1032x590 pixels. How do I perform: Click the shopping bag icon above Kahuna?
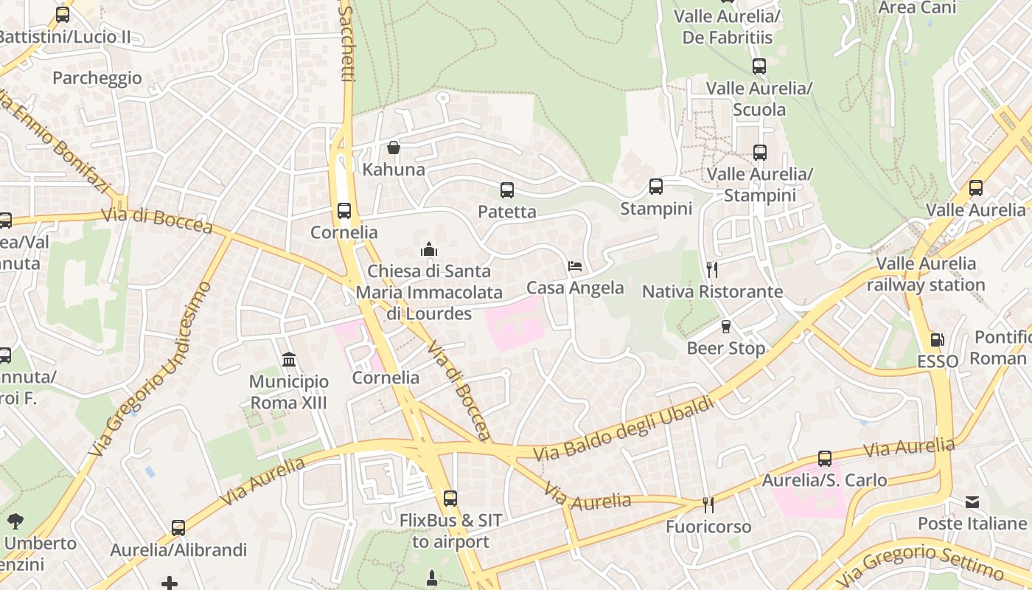pos(394,147)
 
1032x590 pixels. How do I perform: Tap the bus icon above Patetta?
pos(507,190)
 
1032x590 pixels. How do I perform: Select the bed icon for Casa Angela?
pos(575,266)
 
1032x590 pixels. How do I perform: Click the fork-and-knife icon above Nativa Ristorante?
pos(711,269)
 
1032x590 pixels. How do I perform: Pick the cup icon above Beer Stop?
pos(726,326)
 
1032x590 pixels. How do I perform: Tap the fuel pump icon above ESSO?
pos(938,340)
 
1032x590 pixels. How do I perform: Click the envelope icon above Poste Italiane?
pos(972,502)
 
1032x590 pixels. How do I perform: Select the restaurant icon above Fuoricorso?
pos(708,505)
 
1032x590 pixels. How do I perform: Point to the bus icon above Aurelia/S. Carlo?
pos(825,459)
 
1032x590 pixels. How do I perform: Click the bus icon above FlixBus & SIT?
pos(450,499)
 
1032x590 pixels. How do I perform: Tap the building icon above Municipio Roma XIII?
pos(289,360)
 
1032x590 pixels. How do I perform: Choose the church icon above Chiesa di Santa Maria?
pos(429,249)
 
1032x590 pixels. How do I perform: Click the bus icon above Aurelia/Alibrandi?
pos(178,528)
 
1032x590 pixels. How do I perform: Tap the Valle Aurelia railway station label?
pos(926,274)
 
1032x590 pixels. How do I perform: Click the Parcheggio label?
pos(97,78)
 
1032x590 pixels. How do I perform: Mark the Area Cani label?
pos(918,7)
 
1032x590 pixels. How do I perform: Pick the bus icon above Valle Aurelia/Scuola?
pos(759,66)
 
